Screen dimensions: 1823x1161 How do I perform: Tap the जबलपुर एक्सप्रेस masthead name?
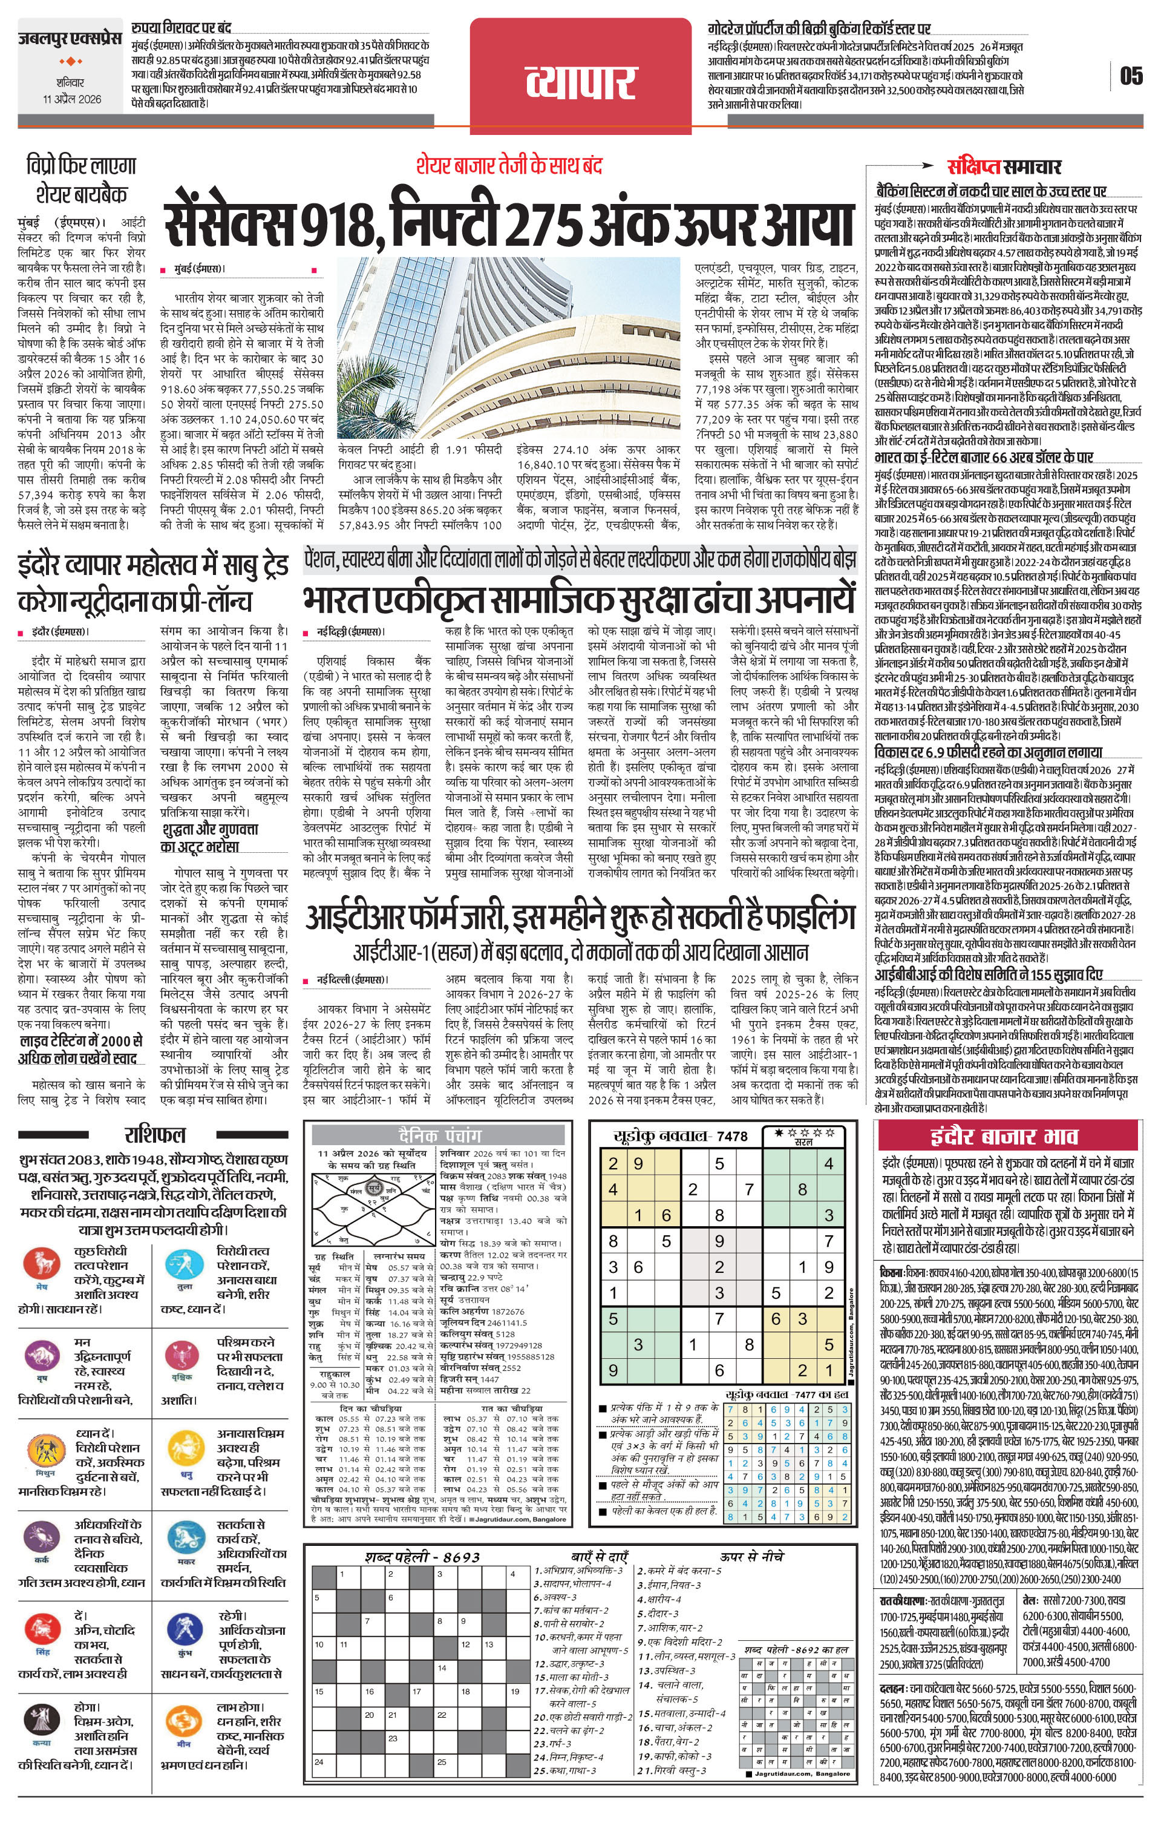tap(69, 39)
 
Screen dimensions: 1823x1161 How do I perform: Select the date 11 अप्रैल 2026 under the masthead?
tap(72, 99)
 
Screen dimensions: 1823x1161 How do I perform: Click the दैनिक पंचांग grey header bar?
tap(440, 1135)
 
